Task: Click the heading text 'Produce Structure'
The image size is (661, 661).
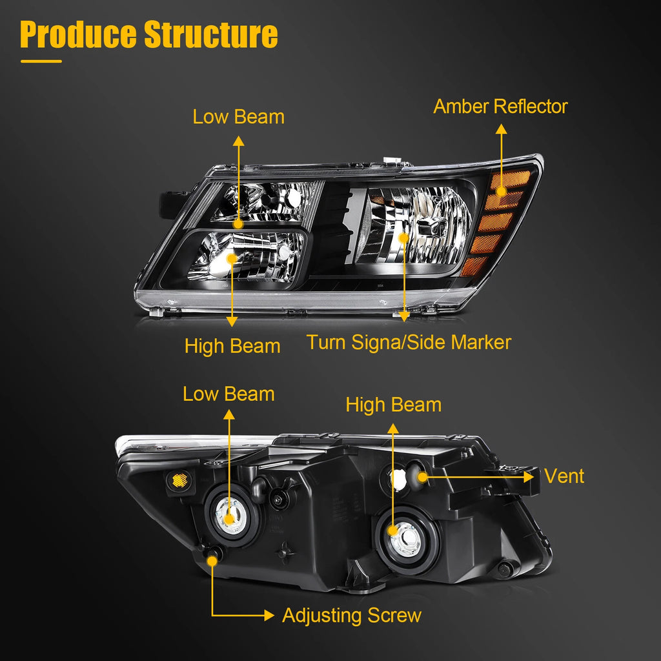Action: [149, 35]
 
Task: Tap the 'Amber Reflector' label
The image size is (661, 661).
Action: [500, 107]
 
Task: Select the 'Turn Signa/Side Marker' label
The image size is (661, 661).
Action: [409, 342]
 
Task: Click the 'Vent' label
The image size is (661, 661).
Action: [564, 476]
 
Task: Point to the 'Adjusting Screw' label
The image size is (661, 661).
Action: [352, 615]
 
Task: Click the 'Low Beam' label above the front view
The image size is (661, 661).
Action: [239, 117]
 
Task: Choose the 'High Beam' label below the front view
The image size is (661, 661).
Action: [232, 346]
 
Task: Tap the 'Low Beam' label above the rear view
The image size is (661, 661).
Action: [229, 394]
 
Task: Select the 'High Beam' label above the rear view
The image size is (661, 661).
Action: [393, 405]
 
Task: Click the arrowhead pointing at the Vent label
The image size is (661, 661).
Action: [529, 477]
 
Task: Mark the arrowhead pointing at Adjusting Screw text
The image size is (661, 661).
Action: [269, 615]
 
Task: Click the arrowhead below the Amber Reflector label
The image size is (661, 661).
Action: [501, 129]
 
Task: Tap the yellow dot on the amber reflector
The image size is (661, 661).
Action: [501, 191]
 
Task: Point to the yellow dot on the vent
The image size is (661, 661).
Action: [422, 477]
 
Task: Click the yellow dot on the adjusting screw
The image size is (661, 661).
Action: [212, 561]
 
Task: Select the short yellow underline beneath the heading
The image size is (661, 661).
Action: [41, 61]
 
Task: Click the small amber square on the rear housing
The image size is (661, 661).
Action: [179, 480]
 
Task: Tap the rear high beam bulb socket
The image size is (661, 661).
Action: [406, 540]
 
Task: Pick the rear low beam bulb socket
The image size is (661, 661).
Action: [230, 515]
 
